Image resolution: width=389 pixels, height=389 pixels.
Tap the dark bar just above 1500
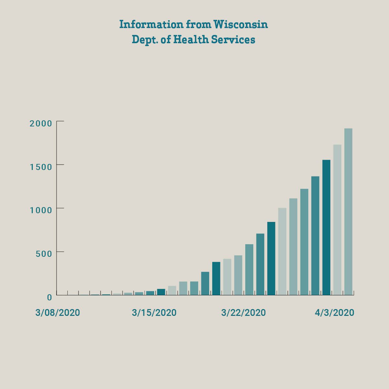coord(326,227)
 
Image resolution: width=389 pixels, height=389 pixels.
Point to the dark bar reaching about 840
coord(271,258)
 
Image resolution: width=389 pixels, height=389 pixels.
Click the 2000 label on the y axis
coord(41,123)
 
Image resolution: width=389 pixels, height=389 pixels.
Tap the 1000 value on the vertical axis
coord(41,210)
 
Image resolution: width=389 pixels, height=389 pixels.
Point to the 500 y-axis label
coord(43,253)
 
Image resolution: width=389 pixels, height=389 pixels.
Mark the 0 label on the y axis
coord(49,297)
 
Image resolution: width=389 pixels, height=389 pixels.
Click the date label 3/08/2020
coord(58,313)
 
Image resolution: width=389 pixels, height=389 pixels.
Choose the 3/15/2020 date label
coord(154,313)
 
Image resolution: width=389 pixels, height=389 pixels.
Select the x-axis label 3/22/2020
coord(243,313)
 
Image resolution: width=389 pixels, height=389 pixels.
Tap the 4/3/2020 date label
coord(334,313)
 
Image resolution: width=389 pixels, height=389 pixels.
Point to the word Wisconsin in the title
coord(240,24)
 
